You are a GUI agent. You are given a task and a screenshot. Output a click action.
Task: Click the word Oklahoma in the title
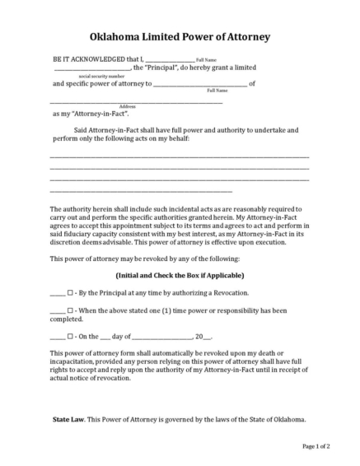119,37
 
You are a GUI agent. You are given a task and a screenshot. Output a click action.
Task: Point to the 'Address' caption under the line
128,106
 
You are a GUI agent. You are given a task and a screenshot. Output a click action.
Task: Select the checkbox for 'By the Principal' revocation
71,292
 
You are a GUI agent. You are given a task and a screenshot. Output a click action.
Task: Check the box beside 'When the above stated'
71,310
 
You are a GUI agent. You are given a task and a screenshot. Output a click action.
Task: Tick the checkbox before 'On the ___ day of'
71,336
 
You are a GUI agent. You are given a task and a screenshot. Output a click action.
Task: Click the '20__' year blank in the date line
203,336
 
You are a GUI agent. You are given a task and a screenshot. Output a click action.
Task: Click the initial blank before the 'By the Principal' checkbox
57,293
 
